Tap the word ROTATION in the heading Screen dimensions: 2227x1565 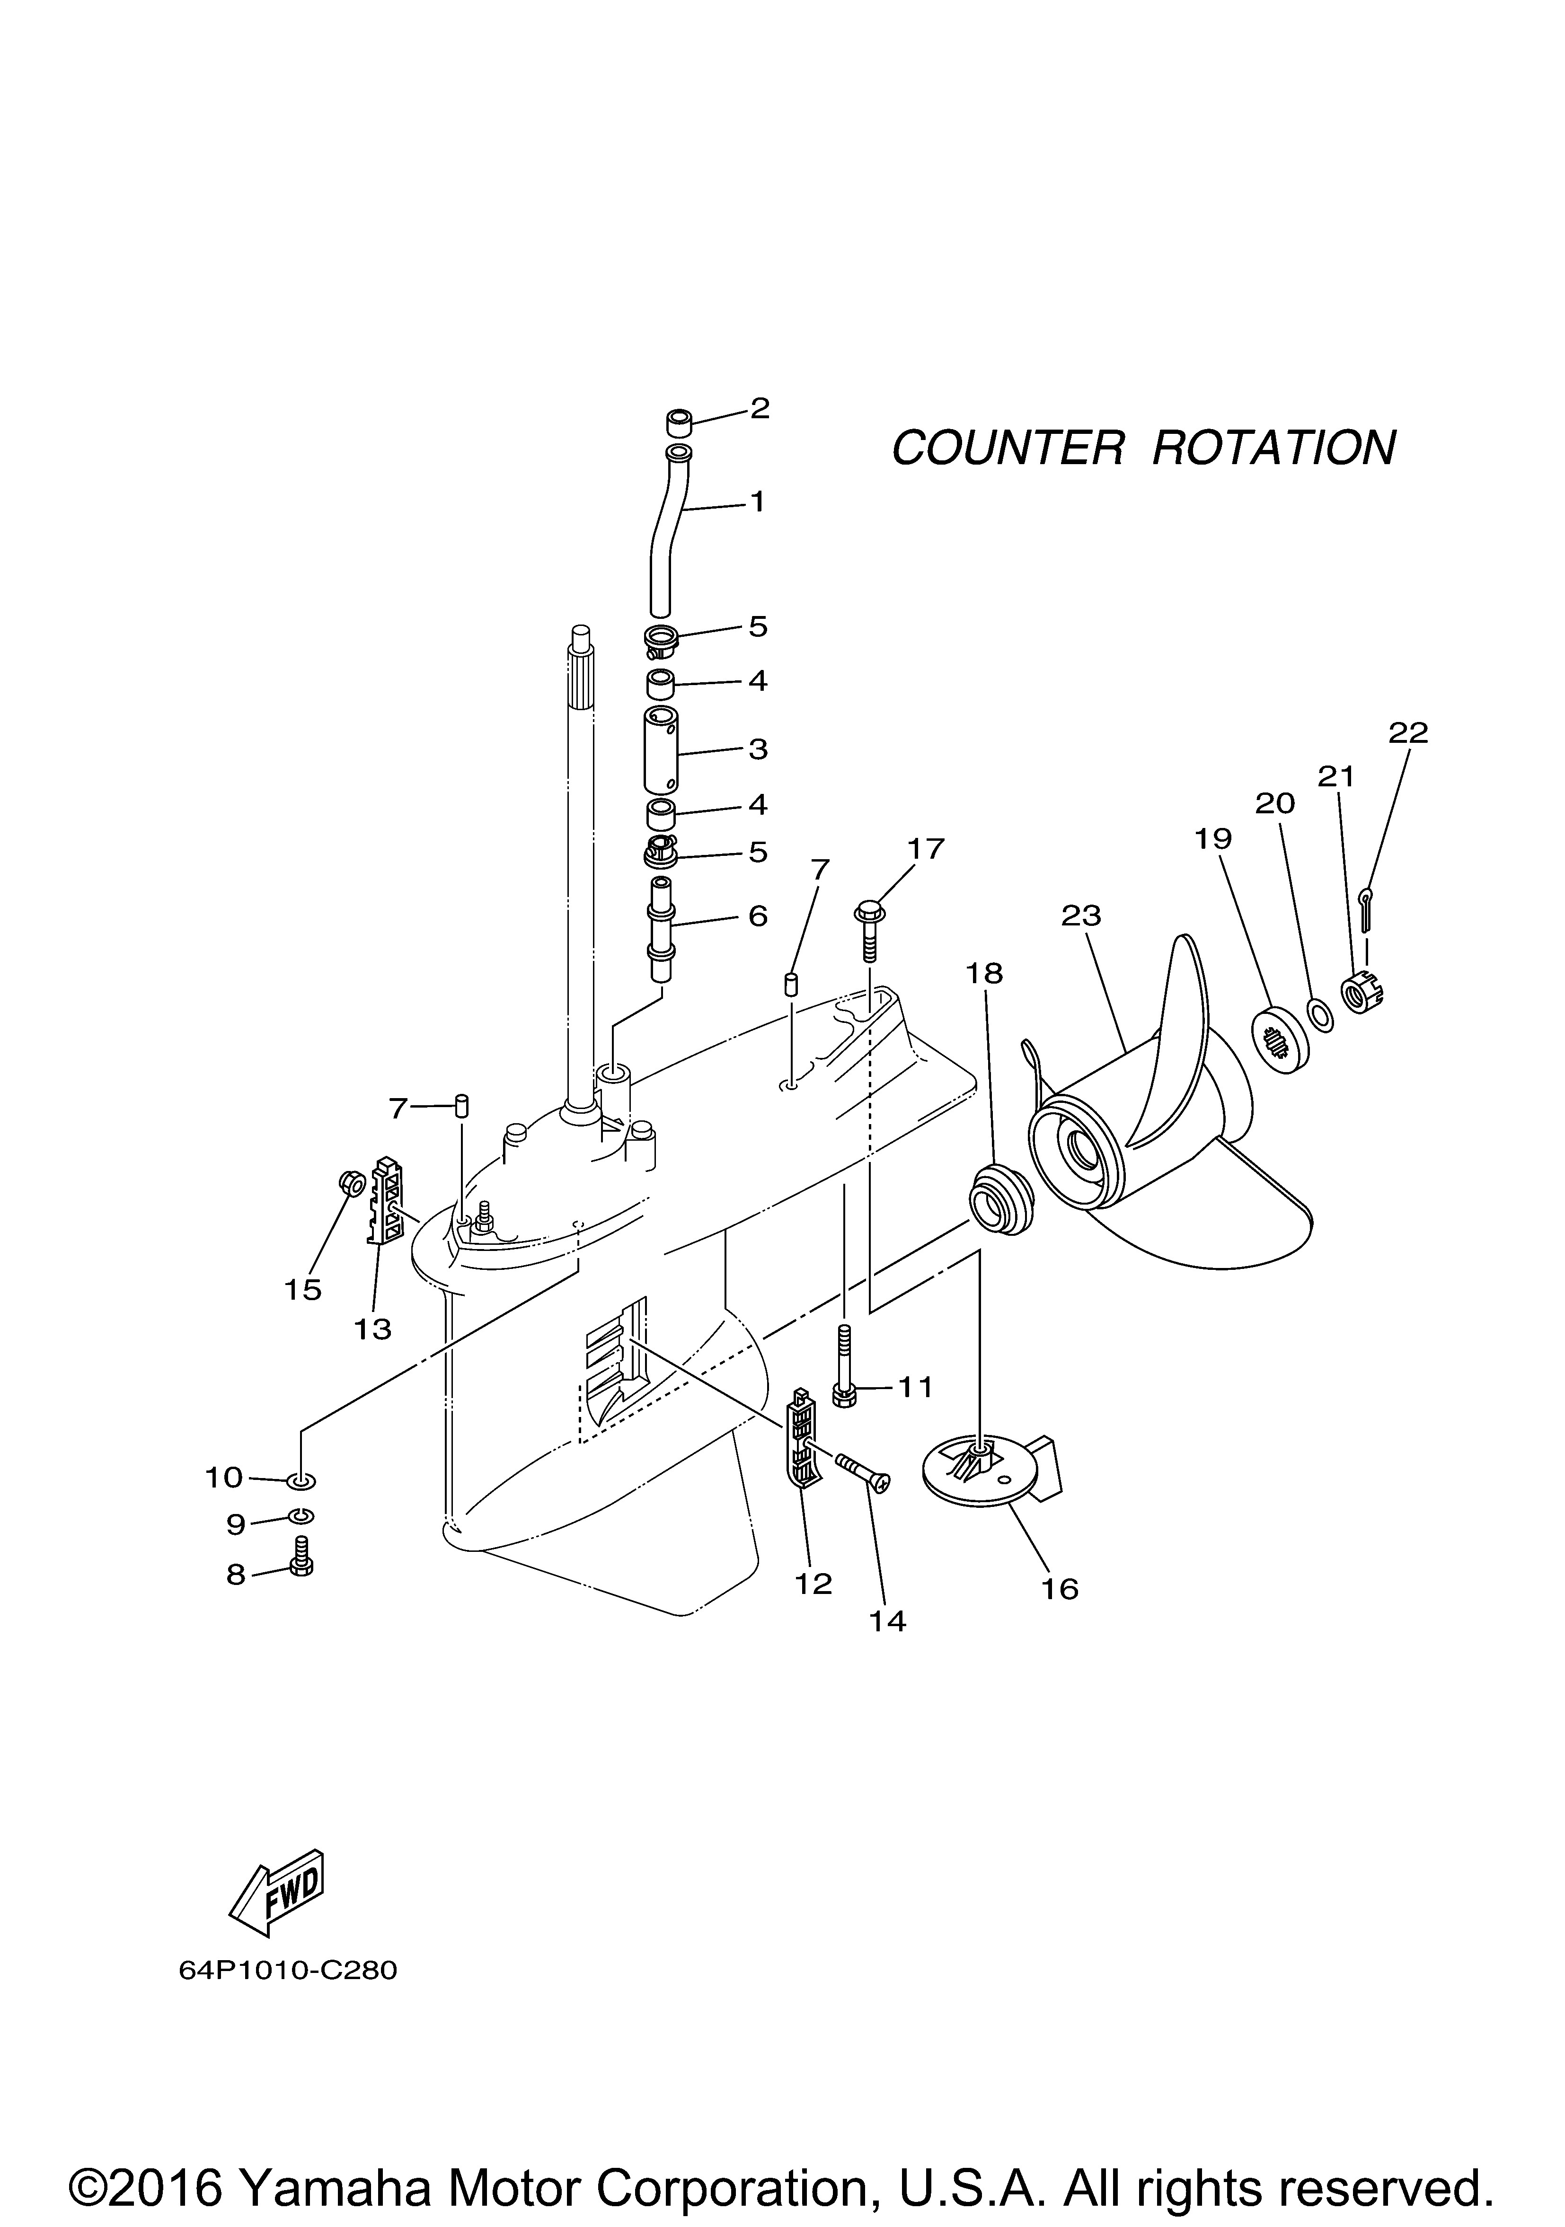pyautogui.click(x=1274, y=448)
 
